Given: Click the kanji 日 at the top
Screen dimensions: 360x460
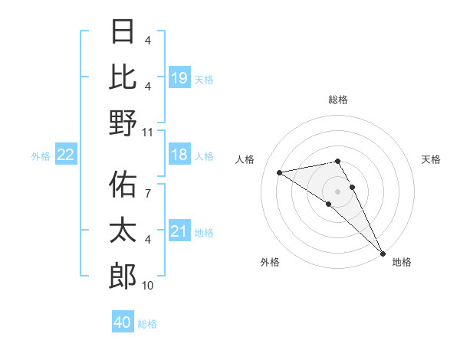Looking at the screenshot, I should tap(123, 31).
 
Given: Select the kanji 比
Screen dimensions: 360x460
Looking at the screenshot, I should tap(123, 77).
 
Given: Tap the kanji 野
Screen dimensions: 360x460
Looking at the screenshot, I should tap(123, 123).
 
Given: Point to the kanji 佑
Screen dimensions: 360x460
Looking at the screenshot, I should tap(123, 185).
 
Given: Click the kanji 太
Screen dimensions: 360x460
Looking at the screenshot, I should tap(123, 231).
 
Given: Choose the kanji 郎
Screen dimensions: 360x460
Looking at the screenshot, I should tap(123, 276).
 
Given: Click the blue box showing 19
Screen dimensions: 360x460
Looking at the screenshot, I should tap(179, 77).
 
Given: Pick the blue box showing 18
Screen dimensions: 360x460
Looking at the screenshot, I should tap(179, 155).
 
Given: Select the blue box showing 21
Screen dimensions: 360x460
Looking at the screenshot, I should tap(179, 231).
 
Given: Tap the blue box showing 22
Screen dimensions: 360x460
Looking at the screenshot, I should tap(65, 155).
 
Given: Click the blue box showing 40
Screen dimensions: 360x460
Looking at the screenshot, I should tap(123, 322).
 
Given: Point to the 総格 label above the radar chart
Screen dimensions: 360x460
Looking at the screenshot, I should tap(338, 100).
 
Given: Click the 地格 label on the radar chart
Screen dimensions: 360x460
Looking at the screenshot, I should tap(402, 262).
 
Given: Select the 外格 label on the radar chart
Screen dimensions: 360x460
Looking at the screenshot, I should tap(270, 262).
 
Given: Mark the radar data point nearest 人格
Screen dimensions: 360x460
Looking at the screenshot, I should tap(280, 172).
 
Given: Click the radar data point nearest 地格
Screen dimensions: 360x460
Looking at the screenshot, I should tap(383, 253).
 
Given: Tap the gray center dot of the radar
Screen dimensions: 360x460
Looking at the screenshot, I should tap(338, 191).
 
